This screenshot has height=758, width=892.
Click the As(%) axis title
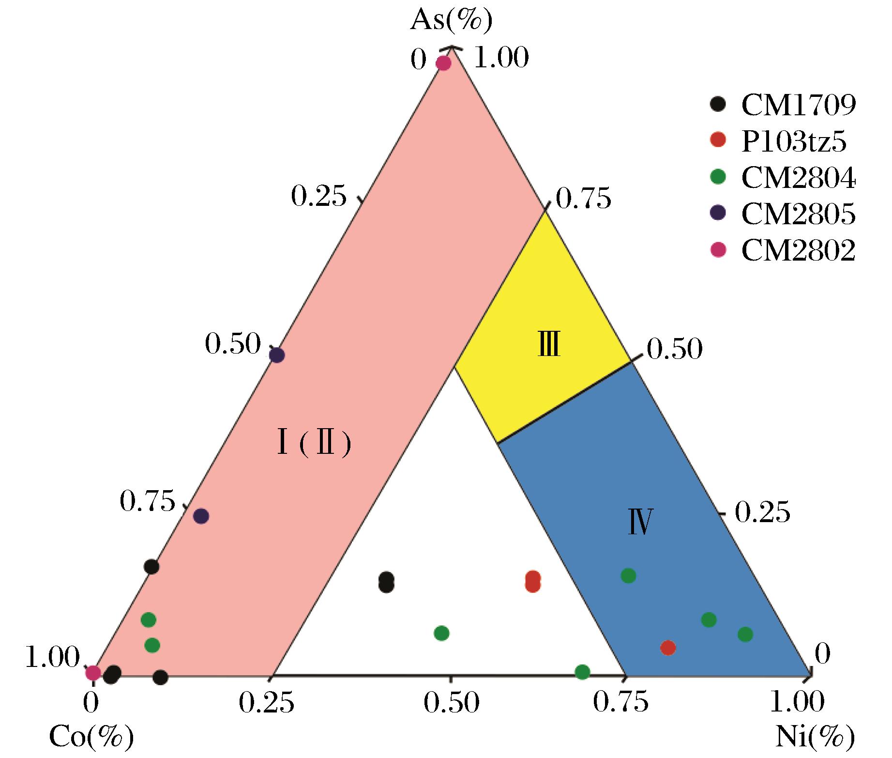[451, 21]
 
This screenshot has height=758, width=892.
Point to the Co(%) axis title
[91, 737]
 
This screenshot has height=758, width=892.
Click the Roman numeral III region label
[549, 343]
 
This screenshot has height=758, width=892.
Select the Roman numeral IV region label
[640, 521]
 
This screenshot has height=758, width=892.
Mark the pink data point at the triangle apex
[443, 63]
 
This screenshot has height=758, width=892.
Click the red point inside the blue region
[668, 648]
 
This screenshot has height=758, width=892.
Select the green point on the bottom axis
[582, 672]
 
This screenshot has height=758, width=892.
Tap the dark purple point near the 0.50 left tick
[277, 356]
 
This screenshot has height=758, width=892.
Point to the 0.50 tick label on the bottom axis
[452, 703]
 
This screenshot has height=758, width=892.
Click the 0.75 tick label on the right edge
[584, 199]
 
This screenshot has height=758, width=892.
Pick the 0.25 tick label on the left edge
[319, 196]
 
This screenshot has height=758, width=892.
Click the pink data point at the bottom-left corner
[93, 672]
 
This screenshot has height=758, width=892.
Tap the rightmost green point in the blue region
[745, 634]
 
